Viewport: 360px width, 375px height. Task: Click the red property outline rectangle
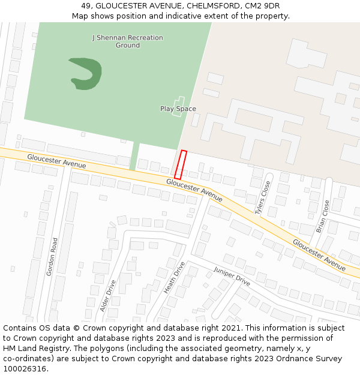click(181, 164)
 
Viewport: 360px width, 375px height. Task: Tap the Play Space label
click(178, 109)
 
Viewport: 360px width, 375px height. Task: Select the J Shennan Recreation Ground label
click(127, 41)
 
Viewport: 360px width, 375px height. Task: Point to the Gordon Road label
click(52, 256)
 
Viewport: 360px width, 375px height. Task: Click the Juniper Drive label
click(232, 276)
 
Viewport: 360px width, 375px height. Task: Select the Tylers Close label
click(263, 197)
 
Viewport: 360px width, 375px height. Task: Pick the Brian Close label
click(322, 216)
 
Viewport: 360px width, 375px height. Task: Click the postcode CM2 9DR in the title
click(262, 6)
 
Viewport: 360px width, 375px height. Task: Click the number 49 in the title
click(86, 6)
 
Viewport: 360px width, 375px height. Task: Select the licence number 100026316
click(23, 368)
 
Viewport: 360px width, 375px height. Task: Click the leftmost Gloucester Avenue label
click(56, 160)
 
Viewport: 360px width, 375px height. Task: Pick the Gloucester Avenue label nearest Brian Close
click(319, 254)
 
